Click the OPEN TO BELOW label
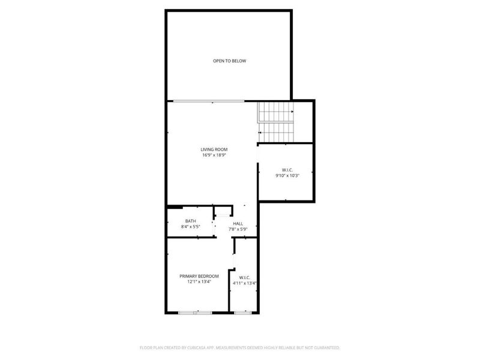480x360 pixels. click(x=230, y=61)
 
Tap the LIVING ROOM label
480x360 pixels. click(x=214, y=149)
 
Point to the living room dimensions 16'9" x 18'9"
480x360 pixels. click(x=214, y=155)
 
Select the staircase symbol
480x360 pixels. click(x=276, y=122)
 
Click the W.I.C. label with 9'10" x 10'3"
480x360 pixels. click(x=286, y=169)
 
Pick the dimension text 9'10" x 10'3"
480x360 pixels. click(x=286, y=175)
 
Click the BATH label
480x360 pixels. click(x=190, y=221)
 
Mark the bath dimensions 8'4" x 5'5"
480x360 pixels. click(x=190, y=227)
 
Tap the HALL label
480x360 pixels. click(x=238, y=223)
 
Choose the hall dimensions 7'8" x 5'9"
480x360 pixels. click(x=238, y=229)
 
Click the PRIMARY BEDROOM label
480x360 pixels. click(x=199, y=276)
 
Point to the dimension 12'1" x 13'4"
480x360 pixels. click(x=199, y=282)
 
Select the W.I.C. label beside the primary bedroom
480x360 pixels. click(x=244, y=277)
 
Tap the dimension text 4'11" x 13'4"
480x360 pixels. click(x=244, y=283)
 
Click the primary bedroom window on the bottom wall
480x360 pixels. click(x=195, y=313)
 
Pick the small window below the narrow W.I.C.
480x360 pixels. click(x=242, y=313)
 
